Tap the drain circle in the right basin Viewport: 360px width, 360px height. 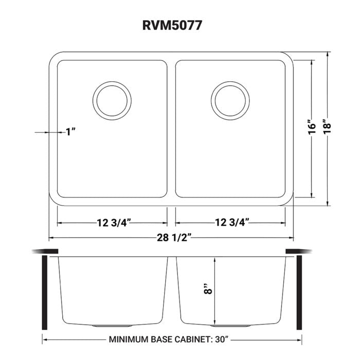228,98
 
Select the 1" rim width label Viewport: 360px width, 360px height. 70,132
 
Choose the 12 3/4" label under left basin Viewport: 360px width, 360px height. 113,222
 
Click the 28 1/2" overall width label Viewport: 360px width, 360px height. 171,237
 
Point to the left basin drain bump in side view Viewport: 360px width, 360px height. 105,327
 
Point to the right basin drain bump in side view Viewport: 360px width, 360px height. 224,327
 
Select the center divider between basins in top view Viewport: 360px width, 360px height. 172,129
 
